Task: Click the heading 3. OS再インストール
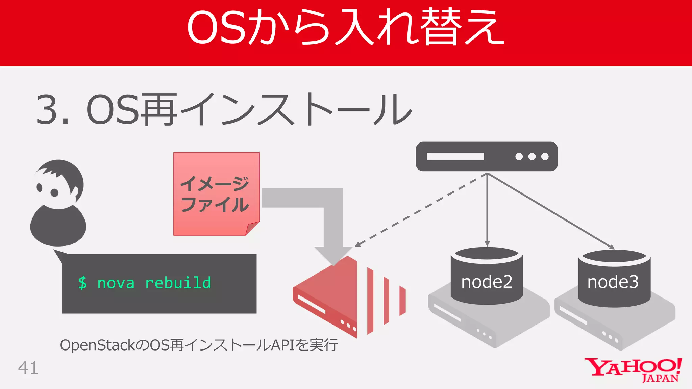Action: (x=224, y=110)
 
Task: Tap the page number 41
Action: (x=28, y=368)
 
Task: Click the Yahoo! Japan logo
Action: (x=633, y=370)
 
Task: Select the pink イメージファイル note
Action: (x=216, y=193)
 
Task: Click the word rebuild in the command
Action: (x=178, y=283)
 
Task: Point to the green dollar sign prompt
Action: (x=82, y=283)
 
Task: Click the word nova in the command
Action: (x=116, y=283)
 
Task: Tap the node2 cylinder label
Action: (x=487, y=282)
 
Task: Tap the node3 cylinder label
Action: (x=613, y=282)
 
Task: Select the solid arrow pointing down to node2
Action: (x=487, y=209)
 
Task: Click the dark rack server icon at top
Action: (x=487, y=156)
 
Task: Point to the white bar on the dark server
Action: (x=455, y=156)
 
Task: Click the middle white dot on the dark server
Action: (x=532, y=156)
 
